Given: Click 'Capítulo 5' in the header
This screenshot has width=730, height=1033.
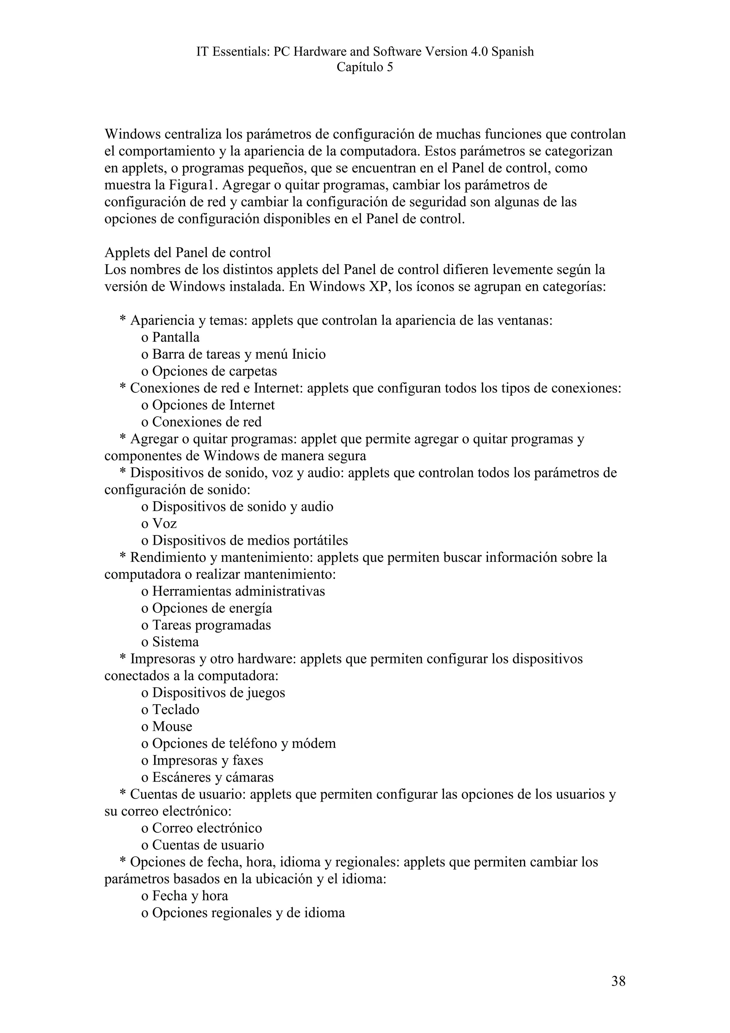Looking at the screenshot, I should pos(365,67).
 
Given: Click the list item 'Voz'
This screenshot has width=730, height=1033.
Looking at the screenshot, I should pos(164,524).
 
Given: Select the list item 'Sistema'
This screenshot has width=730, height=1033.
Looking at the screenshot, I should pos(175,642).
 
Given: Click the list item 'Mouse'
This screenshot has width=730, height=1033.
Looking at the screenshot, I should pos(172,726).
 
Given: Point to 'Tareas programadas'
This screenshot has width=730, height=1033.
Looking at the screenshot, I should pos(211,625).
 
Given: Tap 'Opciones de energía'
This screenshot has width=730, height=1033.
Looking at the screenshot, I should pos(212,608).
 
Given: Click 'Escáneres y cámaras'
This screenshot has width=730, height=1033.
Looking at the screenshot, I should pos(213,777).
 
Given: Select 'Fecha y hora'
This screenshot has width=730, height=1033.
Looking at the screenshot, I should pos(190,896).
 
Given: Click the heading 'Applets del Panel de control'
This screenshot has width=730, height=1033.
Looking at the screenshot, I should pos(187,253).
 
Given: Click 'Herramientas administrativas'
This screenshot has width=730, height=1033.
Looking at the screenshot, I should pos(238,591).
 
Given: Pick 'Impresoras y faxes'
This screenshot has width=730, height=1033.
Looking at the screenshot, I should pos(207,760).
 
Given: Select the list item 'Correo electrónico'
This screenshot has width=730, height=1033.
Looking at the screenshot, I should pos(207,828).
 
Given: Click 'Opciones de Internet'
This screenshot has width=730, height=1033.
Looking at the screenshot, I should pos(213,405).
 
